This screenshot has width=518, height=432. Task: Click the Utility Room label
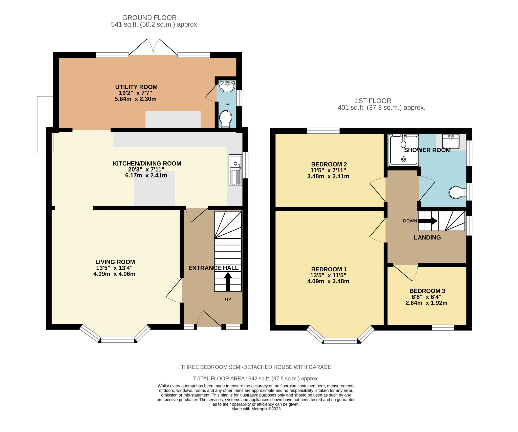click(x=136, y=87)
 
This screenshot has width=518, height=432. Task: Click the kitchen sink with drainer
click(x=235, y=170)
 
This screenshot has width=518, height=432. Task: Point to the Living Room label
click(x=115, y=262)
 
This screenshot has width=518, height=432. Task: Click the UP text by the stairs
click(x=228, y=300)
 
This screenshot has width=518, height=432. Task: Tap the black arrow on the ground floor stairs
click(x=228, y=282)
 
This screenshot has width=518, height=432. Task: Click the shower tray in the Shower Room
click(x=404, y=150)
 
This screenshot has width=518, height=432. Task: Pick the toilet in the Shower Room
click(x=457, y=193)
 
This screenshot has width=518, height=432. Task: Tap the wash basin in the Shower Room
click(x=450, y=141)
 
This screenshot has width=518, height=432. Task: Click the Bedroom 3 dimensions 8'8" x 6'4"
click(x=426, y=297)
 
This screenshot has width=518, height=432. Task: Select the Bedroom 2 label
click(x=329, y=164)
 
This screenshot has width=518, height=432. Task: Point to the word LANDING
click(x=427, y=237)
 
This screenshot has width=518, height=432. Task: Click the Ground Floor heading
click(x=149, y=18)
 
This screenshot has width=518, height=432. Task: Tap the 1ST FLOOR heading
click(x=373, y=101)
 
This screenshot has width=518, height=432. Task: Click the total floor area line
click(x=256, y=379)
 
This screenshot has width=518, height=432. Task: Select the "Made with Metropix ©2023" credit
click(x=256, y=409)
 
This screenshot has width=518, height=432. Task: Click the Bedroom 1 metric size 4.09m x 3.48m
click(x=328, y=281)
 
